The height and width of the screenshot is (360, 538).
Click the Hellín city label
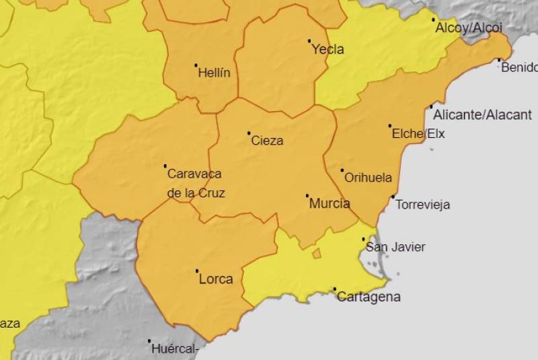[214, 73]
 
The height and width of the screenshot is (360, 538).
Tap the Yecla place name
[328, 49]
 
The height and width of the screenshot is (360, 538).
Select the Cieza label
[267, 141]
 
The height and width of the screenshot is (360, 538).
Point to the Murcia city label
[330, 203]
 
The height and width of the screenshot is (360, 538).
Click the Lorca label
[217, 279]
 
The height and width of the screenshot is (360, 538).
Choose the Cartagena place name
[369, 297]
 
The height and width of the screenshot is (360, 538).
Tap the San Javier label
[395, 247]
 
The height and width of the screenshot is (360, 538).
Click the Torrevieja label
[423, 205]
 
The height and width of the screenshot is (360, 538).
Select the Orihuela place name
[368, 178]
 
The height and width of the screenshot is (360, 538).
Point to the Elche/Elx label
[418, 133]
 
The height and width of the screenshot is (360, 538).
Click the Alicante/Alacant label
[482, 115]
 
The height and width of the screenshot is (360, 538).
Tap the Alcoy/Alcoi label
[469, 28]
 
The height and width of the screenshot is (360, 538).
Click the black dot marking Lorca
[197, 271]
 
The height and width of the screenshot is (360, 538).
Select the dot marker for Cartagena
[335, 289]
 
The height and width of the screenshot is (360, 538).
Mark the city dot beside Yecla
[309, 41]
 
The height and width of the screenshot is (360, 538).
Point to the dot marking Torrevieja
[393, 196]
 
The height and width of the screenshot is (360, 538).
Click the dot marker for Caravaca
[165, 166]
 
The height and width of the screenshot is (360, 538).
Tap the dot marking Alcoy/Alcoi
[433, 20]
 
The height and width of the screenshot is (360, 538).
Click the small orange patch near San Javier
[316, 254]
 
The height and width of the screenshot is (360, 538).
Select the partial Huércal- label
[174, 349]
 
